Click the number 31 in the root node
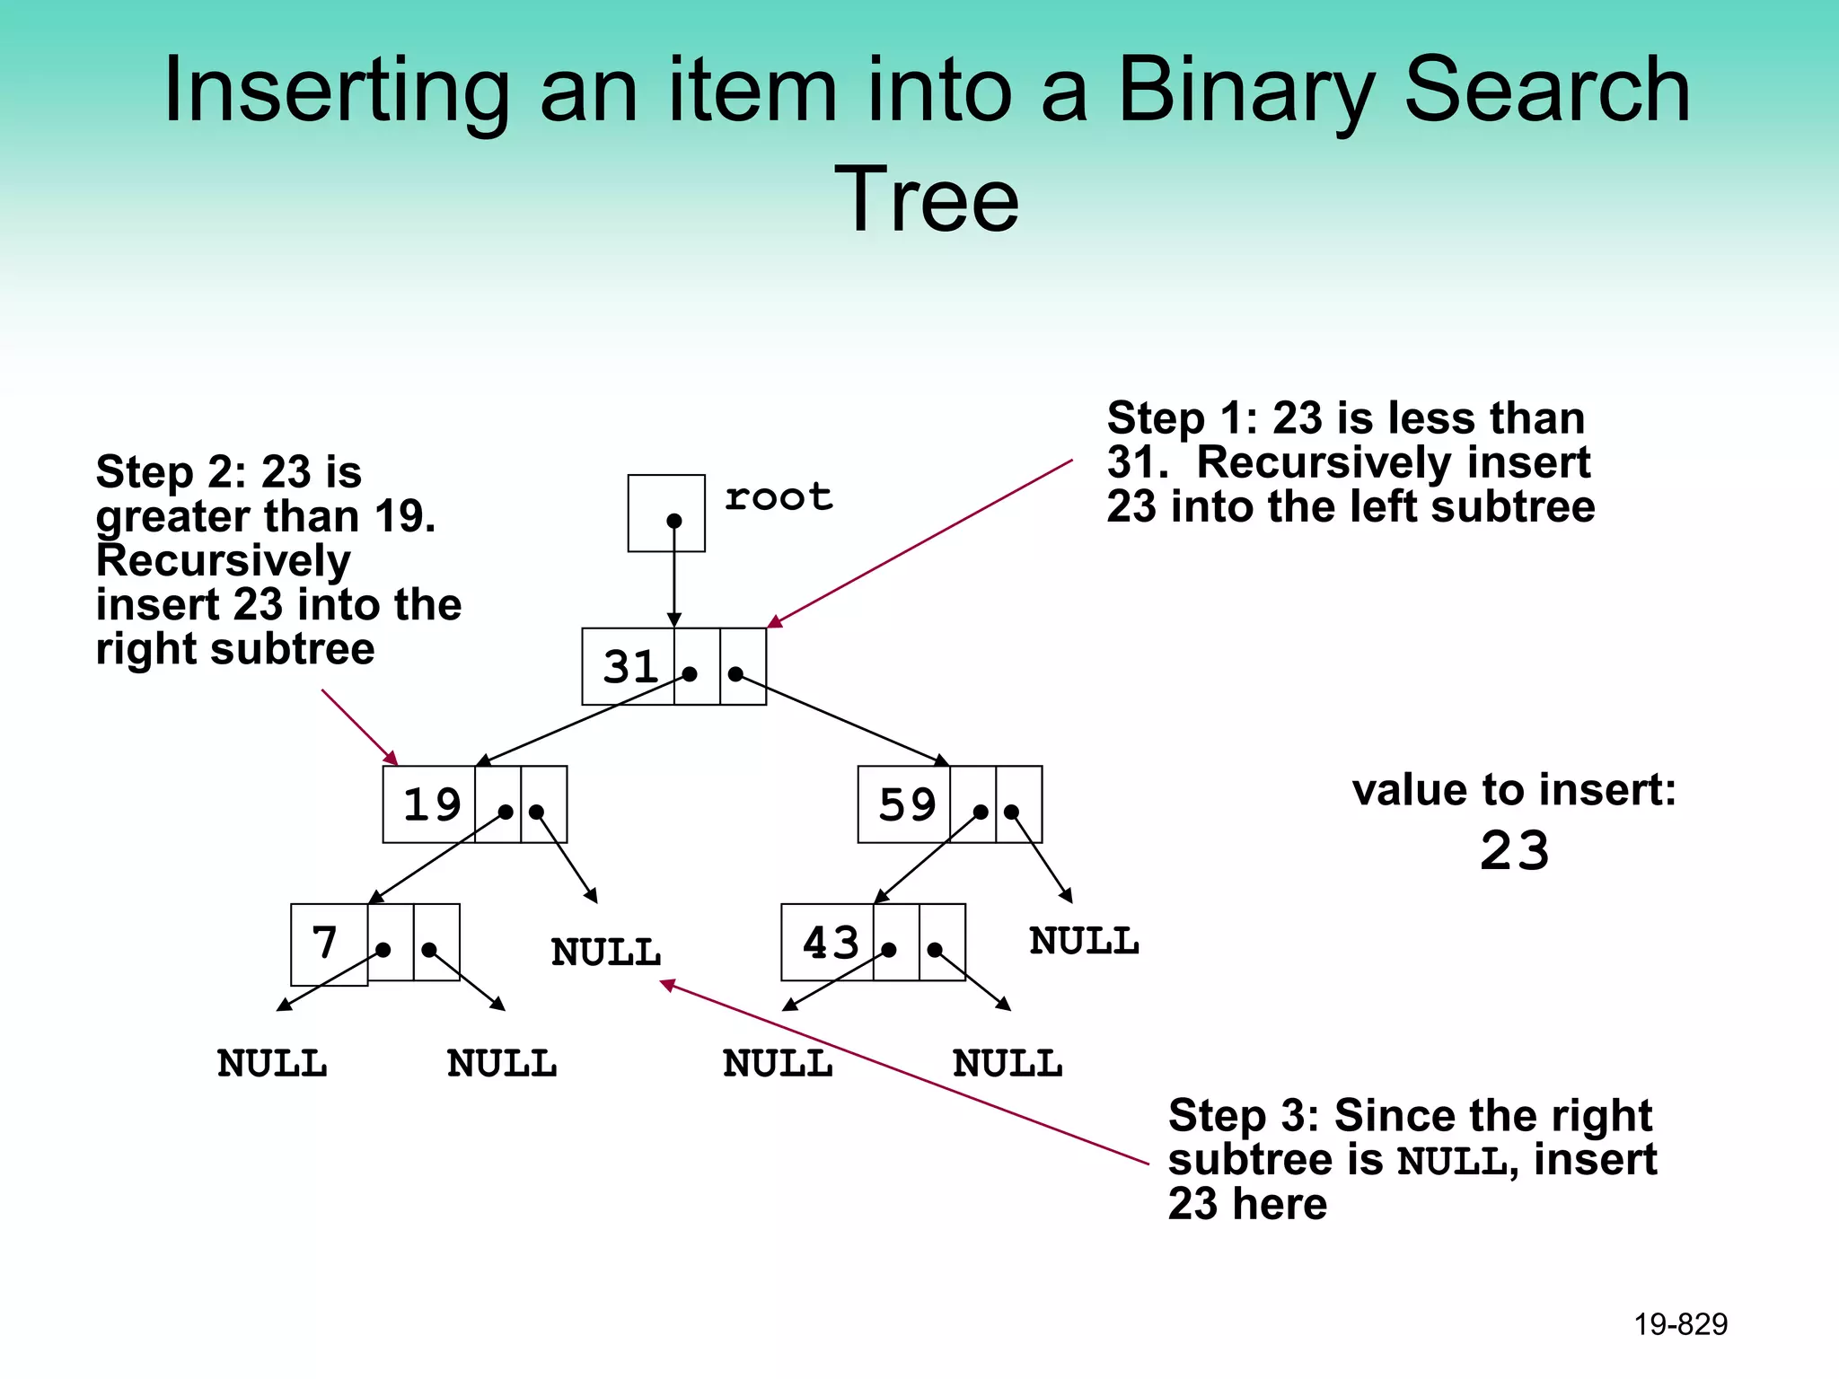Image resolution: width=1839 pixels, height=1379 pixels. [630, 667]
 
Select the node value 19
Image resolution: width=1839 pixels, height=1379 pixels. [432, 804]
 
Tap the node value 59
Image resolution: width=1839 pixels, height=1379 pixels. [907, 804]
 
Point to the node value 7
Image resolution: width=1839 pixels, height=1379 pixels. [325, 943]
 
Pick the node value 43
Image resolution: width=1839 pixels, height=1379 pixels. [831, 943]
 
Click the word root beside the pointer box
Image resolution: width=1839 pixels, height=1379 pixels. [779, 497]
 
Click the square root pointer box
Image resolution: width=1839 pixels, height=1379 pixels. [666, 514]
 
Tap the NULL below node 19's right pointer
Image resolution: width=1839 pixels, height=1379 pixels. [606, 953]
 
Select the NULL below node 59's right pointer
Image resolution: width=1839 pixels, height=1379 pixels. [1084, 942]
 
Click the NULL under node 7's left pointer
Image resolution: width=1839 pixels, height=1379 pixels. [272, 1064]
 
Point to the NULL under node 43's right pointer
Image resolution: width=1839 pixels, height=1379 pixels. [1007, 1064]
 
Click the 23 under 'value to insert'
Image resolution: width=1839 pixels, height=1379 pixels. [1515, 851]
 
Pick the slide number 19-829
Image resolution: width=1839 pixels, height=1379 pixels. [1680, 1324]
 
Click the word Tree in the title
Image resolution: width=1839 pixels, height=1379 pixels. [927, 199]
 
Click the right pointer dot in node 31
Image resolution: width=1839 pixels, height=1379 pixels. [735, 673]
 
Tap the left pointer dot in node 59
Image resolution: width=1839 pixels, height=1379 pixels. [981, 812]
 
